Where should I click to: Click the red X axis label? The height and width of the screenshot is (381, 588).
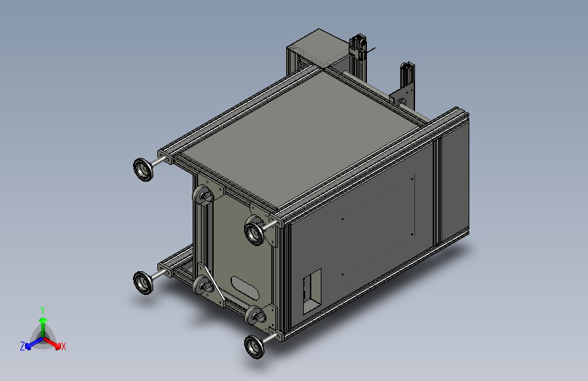click(64, 347)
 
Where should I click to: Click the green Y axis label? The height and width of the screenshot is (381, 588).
click(42, 310)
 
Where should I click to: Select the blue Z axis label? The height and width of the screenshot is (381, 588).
click(22, 346)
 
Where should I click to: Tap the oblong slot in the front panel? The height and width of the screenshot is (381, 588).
click(245, 286)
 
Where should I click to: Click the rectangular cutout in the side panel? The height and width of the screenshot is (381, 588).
click(311, 291)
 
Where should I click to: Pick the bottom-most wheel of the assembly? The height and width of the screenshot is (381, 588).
click(256, 346)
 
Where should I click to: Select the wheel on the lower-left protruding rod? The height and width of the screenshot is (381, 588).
click(144, 282)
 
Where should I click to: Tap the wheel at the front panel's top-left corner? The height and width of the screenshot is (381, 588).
click(203, 197)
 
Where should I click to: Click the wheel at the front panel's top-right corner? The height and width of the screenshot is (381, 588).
click(256, 231)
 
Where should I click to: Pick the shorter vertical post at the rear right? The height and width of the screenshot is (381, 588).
click(407, 78)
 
